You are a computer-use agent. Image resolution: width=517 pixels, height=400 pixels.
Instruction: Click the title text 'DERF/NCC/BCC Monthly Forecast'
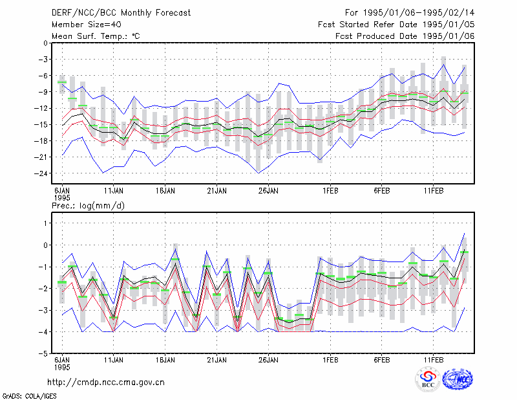pos(121,13)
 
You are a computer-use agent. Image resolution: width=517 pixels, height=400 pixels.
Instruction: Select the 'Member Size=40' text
pos(87,25)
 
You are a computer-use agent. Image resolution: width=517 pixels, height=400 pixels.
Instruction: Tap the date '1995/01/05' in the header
pos(448,25)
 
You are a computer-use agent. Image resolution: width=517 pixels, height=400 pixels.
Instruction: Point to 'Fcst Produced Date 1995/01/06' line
pos(405,36)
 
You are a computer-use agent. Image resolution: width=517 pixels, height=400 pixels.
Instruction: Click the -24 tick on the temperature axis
pos(41,173)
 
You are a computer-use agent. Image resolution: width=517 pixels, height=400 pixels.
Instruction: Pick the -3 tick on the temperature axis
pos(43,60)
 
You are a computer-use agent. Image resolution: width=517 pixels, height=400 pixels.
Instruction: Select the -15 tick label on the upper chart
pos(41,124)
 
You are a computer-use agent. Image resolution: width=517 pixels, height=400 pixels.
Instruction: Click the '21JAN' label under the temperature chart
pos(216,191)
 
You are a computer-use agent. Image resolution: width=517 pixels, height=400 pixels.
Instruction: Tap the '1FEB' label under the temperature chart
pos(330,191)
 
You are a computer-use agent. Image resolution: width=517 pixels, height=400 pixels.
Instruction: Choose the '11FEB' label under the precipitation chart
pos(434,360)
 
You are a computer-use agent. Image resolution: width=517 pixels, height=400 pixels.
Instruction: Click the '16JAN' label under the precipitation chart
pos(165,360)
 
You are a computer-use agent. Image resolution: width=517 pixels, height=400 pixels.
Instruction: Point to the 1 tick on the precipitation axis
pos(45,223)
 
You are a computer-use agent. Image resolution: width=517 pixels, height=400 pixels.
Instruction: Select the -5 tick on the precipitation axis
pos(43,353)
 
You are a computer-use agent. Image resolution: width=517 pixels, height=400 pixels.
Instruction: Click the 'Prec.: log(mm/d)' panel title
pos(88,206)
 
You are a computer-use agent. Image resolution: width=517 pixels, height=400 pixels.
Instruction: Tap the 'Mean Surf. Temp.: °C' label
pos(96,36)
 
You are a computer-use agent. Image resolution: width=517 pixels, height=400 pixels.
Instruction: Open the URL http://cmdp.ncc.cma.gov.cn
pos(106,383)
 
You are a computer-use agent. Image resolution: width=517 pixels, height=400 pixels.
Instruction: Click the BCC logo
pos(428,380)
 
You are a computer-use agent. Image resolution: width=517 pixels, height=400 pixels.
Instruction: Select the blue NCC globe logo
pos(458,379)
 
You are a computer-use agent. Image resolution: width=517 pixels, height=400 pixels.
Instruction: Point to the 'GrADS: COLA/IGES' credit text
pos(30,396)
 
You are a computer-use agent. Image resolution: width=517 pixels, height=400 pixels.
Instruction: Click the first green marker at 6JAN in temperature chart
pos(62,82)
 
